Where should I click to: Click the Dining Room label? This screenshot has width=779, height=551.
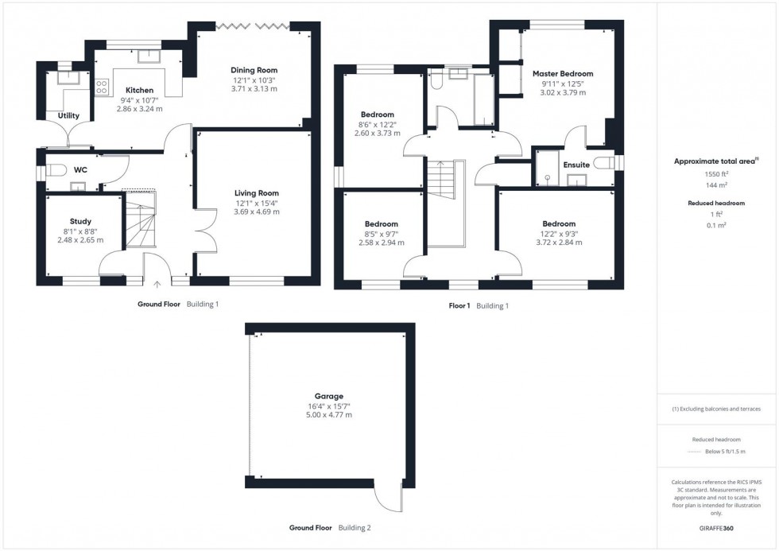254,70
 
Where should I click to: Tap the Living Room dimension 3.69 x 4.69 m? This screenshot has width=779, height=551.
256,212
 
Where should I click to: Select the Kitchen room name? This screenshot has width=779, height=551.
139,90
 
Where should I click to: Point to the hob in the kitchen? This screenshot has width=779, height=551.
102,87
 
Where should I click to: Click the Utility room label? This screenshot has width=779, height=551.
68,116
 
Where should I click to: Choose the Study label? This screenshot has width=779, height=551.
80,221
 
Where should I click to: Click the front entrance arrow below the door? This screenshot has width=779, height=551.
157,283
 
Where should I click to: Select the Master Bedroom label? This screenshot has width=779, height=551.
563,74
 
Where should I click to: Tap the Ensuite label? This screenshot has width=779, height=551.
576,165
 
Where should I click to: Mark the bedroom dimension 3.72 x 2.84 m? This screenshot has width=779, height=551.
559,243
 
